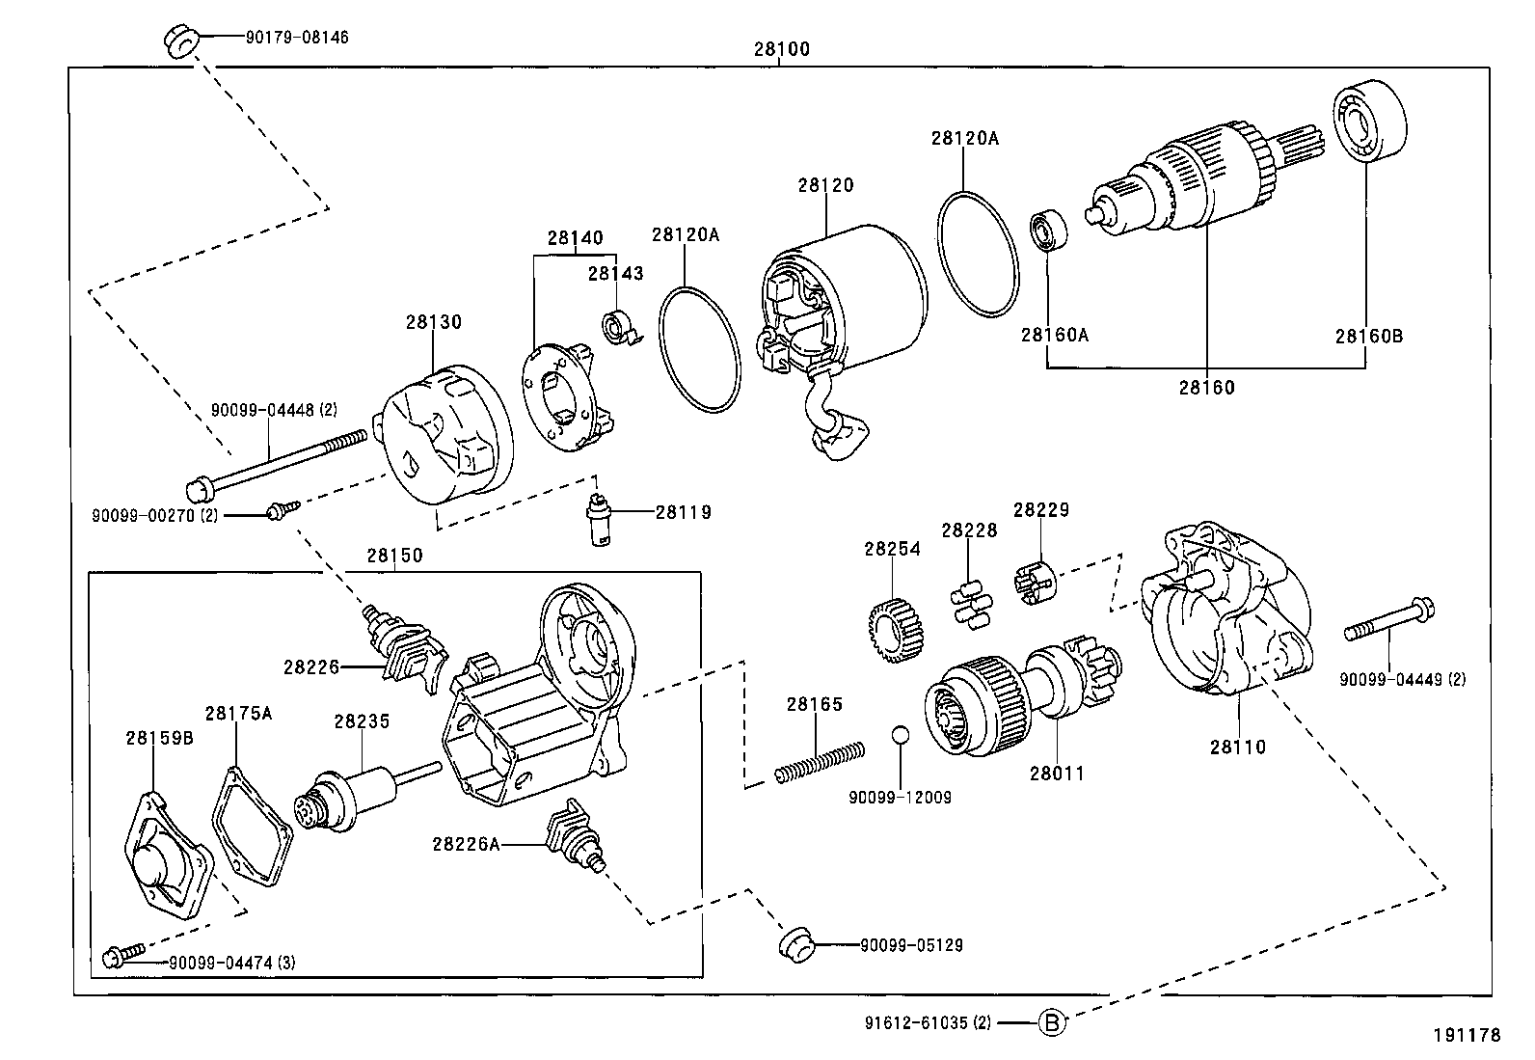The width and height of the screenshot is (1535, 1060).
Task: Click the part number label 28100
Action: [781, 48]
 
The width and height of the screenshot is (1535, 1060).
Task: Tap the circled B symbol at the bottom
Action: [1052, 1022]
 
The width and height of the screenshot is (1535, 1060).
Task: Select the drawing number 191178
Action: [1467, 1035]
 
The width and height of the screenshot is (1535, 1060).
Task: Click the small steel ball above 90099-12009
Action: [900, 735]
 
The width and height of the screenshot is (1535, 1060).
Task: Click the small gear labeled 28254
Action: [892, 633]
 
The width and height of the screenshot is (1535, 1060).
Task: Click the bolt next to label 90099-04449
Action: [1389, 620]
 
